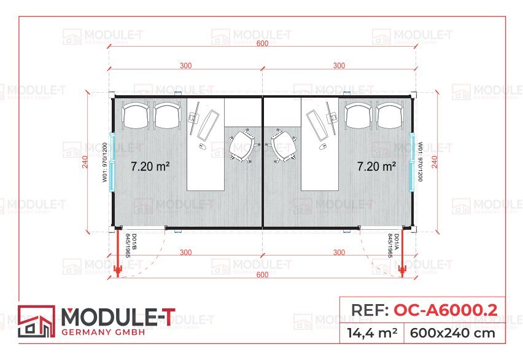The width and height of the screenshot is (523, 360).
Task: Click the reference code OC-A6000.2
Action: (x=445, y=309)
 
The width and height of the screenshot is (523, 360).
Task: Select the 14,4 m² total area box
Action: (x=373, y=334)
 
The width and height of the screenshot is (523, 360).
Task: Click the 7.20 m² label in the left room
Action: (x=150, y=166)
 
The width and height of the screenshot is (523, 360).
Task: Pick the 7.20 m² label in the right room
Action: (x=376, y=166)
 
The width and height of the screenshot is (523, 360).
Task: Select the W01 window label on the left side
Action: (x=105, y=162)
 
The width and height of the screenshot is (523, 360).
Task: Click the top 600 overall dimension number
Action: (x=262, y=44)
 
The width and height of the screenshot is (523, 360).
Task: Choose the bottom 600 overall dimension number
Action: (x=262, y=275)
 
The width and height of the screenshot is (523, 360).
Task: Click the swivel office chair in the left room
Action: (x=241, y=145)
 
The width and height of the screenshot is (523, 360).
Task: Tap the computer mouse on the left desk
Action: (x=202, y=147)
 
